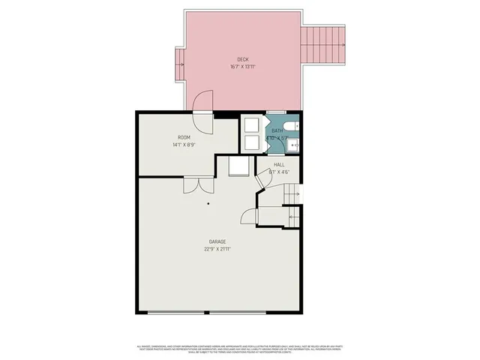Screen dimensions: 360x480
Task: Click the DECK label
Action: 242,59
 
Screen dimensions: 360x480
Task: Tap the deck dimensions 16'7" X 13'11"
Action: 242,66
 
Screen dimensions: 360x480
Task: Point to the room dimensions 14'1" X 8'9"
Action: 183,145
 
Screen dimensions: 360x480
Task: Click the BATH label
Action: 277,131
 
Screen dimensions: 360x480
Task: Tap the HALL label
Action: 279,164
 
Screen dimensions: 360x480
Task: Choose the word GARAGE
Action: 217,241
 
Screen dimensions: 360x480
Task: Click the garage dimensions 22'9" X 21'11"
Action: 217,248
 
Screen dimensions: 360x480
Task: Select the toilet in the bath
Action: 293,125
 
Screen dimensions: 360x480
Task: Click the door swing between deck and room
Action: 203,102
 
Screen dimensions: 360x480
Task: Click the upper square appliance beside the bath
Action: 250,125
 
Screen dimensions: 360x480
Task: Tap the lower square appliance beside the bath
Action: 250,142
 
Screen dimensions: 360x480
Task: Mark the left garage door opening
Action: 173,312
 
